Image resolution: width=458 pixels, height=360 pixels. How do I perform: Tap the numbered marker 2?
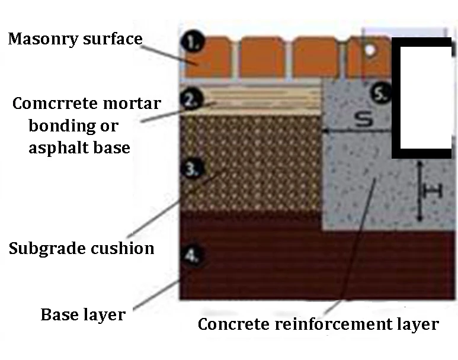click(x=190, y=99)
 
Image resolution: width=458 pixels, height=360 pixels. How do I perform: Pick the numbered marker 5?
click(x=383, y=93)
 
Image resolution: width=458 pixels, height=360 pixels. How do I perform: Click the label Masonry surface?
click(x=75, y=39)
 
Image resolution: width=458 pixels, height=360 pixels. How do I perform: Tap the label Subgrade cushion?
click(x=81, y=248)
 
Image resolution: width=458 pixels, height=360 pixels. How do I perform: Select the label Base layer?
click(x=83, y=314)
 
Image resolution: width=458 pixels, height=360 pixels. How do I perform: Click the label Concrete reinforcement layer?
click(x=318, y=324)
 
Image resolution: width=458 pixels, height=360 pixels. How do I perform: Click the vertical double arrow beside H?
click(x=419, y=191)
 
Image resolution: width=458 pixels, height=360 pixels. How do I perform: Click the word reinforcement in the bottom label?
click(x=329, y=324)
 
